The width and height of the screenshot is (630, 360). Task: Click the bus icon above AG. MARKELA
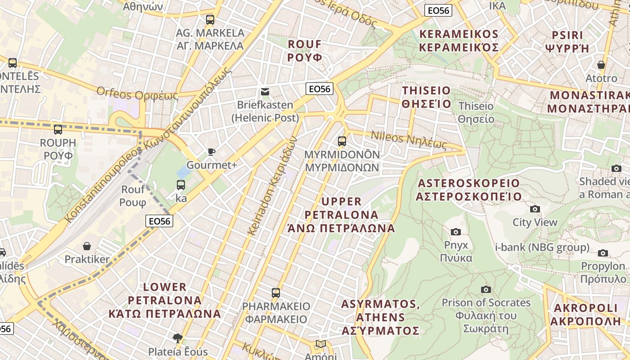click(210, 19)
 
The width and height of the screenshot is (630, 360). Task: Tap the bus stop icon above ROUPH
click(58, 130)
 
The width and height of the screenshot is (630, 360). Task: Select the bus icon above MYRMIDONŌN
click(342, 141)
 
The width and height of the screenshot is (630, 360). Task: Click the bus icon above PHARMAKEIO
click(276, 293)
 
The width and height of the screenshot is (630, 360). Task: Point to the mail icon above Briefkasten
click(265, 92)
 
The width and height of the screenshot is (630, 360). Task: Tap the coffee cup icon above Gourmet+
click(211, 152)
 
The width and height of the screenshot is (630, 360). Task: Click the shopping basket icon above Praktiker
click(87, 246)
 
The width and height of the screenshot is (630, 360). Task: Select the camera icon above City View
click(535, 209)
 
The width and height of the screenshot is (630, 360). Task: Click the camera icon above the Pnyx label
click(456, 232)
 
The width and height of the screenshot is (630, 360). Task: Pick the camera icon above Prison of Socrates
click(486, 289)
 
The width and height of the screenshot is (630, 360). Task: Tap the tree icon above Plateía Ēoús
click(178, 338)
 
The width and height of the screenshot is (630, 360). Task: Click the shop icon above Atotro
click(601, 65)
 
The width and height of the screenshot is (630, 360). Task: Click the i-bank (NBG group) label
click(542, 247)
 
